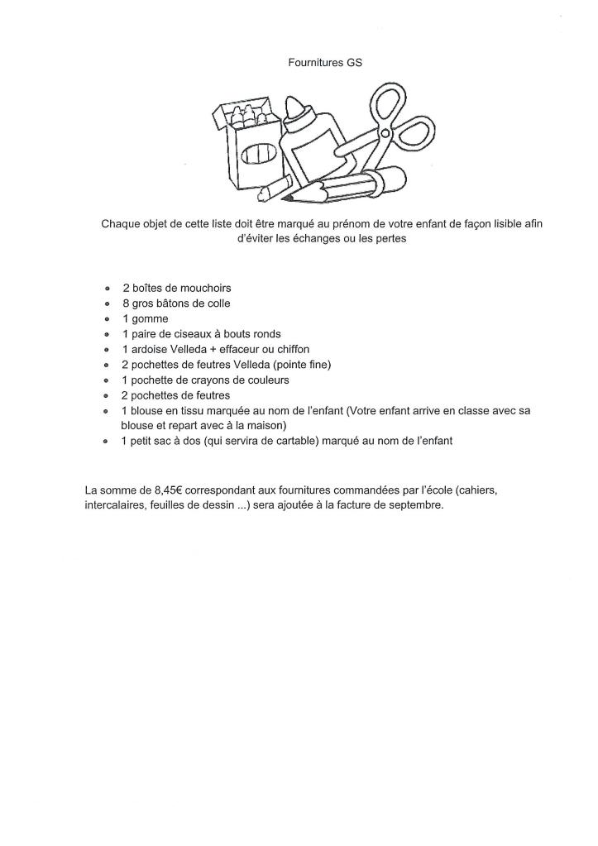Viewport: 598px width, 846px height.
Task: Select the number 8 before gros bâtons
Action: click(x=125, y=304)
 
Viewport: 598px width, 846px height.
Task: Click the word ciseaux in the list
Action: click(x=191, y=334)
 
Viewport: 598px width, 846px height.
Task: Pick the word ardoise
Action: click(x=148, y=349)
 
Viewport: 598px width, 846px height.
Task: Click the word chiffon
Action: click(x=291, y=349)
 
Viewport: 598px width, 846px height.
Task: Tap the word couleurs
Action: click(x=266, y=380)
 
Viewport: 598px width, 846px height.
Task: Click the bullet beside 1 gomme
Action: click(x=108, y=319)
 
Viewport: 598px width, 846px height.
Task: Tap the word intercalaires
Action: click(x=114, y=504)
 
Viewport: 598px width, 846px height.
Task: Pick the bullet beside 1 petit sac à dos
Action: click(x=108, y=442)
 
